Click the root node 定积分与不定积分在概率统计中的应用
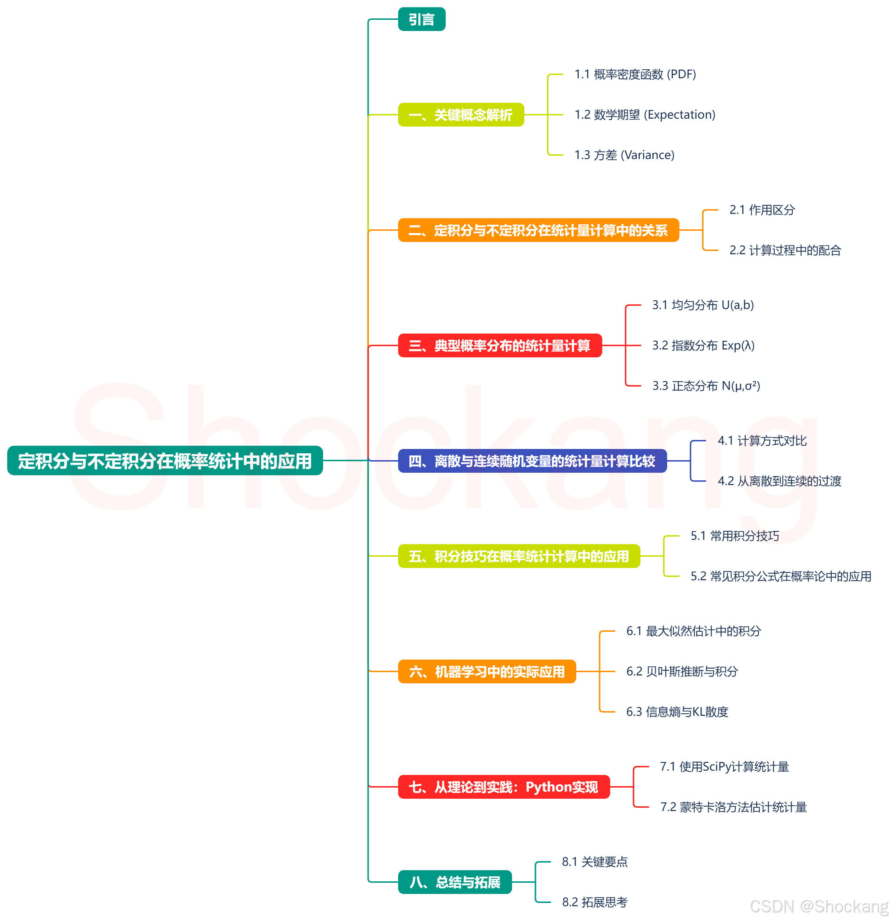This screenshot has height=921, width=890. click(x=165, y=460)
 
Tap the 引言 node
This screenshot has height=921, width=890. click(x=422, y=19)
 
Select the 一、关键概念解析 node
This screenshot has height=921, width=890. click(x=461, y=115)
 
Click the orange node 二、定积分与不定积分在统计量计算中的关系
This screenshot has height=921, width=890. click(x=538, y=230)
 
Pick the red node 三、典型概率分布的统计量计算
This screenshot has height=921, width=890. click(x=499, y=346)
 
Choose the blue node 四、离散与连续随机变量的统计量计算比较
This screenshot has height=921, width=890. click(x=532, y=461)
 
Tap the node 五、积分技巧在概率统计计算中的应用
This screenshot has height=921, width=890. click(x=519, y=556)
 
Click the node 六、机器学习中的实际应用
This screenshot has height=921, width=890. click(x=487, y=671)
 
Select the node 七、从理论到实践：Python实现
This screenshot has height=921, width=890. click(x=503, y=786)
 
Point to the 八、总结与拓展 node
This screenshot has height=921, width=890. click(x=454, y=882)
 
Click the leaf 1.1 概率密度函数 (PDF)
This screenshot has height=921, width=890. click(x=635, y=74)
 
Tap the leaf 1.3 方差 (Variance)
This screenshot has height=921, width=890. click(x=624, y=155)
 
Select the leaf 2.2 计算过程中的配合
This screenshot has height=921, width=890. click(x=785, y=251)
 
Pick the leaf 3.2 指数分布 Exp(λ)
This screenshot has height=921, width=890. click(x=703, y=345)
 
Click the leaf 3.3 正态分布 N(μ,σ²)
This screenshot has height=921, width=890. click(x=706, y=386)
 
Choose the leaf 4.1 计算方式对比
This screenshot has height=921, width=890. click(x=762, y=441)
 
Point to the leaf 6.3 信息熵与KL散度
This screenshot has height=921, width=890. click(x=677, y=712)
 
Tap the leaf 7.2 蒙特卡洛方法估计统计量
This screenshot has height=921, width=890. click(x=733, y=807)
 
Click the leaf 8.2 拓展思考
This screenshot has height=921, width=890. click(x=594, y=902)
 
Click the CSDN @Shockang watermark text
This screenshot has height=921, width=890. click(x=819, y=906)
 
